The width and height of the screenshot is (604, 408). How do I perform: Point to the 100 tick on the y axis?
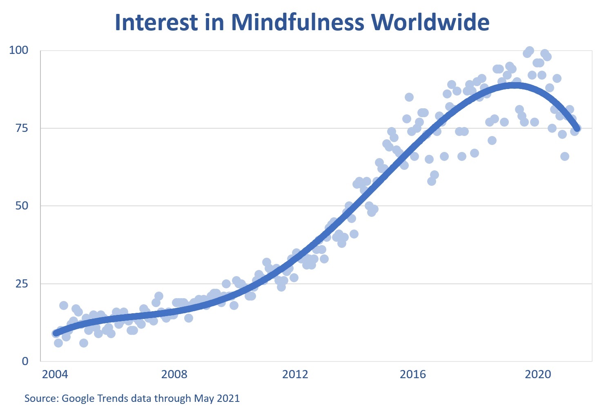19,50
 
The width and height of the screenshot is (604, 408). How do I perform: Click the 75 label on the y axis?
22,128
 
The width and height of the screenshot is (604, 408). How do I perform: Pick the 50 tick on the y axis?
22,205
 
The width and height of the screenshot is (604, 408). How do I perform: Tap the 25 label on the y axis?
22,283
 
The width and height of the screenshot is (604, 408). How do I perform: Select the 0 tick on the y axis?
25,361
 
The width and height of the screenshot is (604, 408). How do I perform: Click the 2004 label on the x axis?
55,374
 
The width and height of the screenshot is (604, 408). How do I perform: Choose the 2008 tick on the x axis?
174,374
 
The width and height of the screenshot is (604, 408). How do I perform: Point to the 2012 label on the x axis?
295,374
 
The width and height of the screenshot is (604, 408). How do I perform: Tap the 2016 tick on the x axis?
413,374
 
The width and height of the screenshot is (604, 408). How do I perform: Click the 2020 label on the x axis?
538,374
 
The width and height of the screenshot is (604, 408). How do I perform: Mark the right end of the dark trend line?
577,128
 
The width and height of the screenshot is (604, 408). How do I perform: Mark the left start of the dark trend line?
56,333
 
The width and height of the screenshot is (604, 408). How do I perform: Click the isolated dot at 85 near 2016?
409,97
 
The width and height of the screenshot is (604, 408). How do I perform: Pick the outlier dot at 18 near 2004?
64,305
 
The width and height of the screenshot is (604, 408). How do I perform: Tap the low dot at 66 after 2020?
564,156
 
